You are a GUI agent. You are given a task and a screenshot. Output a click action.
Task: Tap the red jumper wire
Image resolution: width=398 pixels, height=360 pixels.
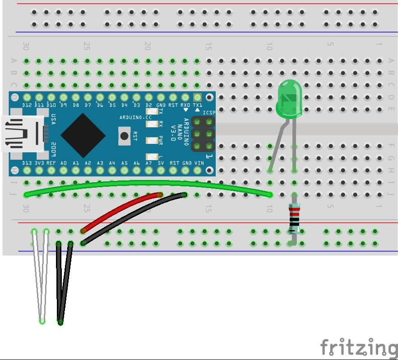point(122,212)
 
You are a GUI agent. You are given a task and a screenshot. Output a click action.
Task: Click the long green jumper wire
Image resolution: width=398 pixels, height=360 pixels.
point(149,182)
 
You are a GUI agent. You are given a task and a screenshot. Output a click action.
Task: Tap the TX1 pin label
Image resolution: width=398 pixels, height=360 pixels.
point(197,105)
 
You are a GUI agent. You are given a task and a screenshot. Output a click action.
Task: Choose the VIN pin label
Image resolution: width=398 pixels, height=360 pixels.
point(199,163)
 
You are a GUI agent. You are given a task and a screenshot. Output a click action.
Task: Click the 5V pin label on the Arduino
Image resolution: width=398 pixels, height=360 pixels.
point(160,163)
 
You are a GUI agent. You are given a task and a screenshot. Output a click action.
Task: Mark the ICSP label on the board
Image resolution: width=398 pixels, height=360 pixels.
point(208,113)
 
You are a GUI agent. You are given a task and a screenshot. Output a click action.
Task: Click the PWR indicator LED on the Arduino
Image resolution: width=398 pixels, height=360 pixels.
point(149,138)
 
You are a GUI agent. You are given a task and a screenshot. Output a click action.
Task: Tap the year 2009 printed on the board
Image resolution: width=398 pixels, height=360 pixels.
point(53,148)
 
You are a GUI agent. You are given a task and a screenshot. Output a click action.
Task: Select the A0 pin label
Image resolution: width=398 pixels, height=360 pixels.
point(64,163)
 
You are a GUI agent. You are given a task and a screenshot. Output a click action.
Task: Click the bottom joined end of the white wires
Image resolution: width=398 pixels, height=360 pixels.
point(42,321)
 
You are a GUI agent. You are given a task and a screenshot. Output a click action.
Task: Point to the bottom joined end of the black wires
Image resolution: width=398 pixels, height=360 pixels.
point(60,322)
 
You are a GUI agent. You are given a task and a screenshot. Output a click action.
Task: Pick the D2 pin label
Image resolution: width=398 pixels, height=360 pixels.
point(148,105)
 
